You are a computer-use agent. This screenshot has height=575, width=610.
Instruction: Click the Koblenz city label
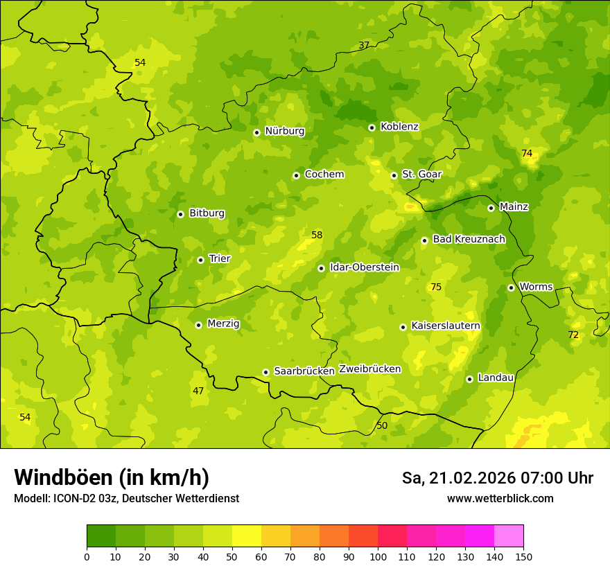pyautogui.click(x=399, y=127)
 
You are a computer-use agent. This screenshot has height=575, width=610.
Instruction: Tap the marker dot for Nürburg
pyautogui.click(x=256, y=132)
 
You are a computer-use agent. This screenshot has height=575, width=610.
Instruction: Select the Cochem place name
pyautogui.click(x=324, y=175)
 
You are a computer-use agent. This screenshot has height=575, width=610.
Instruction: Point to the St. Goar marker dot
pyautogui.click(x=394, y=175)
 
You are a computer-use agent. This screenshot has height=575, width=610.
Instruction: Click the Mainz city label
pyautogui.click(x=514, y=207)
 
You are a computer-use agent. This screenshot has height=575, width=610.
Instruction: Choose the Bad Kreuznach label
pyautogui.click(x=469, y=240)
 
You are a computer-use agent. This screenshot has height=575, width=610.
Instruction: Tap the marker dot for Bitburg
pyautogui.click(x=180, y=214)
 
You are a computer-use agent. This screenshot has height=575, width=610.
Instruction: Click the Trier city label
pyautogui.click(x=220, y=259)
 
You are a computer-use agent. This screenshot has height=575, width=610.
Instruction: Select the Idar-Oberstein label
pyautogui.click(x=365, y=267)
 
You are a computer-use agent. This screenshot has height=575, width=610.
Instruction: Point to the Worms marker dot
pyautogui.click(x=511, y=287)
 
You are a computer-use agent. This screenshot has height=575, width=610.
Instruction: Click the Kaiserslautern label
pyautogui.click(x=446, y=326)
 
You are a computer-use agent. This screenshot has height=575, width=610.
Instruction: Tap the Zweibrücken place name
pyautogui.click(x=369, y=369)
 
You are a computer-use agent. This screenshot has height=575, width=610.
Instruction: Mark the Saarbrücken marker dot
pyautogui.click(x=265, y=372)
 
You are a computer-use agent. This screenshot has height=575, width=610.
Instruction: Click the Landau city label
pyautogui.click(x=496, y=378)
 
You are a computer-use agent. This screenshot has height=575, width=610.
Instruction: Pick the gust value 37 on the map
pyautogui.click(x=364, y=46)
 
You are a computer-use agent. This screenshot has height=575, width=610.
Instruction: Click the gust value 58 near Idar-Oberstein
pyautogui.click(x=317, y=236)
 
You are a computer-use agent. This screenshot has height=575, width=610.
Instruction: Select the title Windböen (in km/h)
pyautogui.click(x=112, y=477)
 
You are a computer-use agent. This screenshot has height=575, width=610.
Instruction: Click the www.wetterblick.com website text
pyautogui.click(x=500, y=499)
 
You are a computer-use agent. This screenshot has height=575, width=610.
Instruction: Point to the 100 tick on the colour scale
pyautogui.click(x=378, y=556)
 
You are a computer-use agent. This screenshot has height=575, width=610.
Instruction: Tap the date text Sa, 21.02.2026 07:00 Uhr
pyautogui.click(x=497, y=478)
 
